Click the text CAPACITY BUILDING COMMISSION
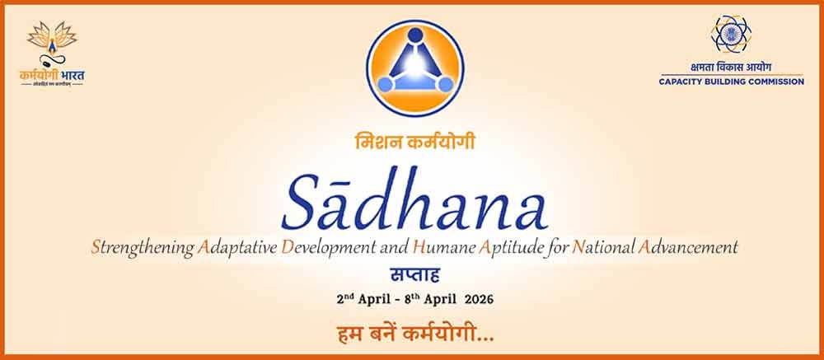(731, 82)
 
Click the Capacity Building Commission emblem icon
(730, 35)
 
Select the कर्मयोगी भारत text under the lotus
(52, 75)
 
